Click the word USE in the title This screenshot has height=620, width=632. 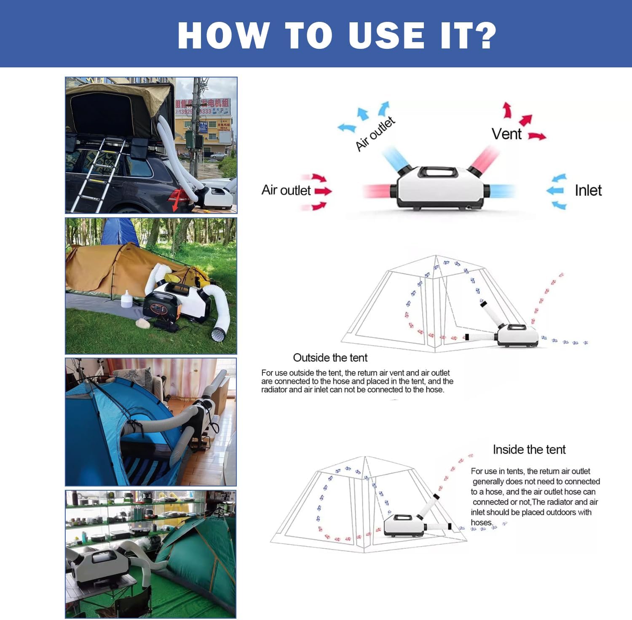point(387,35)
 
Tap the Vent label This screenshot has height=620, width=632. point(506,134)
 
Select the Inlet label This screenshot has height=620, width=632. point(588,190)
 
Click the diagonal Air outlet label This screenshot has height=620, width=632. point(375,134)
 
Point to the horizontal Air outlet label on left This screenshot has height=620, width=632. point(286,190)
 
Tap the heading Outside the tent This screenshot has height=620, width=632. point(330,358)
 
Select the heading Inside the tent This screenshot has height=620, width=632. point(529,449)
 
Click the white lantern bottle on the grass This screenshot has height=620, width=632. point(127,299)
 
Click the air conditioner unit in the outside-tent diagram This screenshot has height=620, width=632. point(517,335)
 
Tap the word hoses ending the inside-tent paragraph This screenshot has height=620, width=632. point(481,522)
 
